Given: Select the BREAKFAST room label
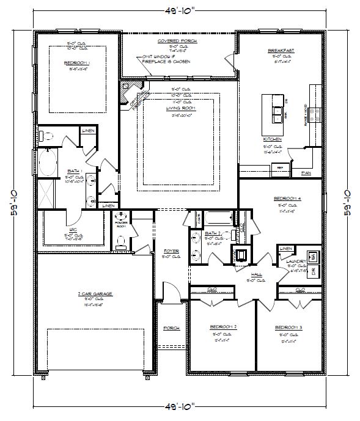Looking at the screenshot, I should click(281, 50).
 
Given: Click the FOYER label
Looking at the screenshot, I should click(171, 252).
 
